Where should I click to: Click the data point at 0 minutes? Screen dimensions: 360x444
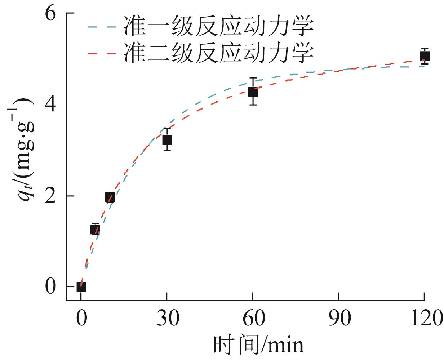[x=81, y=287]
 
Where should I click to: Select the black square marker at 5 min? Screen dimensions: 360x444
[x=95, y=229]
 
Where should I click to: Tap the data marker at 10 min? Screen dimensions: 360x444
[x=110, y=197]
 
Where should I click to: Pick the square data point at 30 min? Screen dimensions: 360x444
[x=167, y=139]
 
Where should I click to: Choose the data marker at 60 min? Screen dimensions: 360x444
[x=253, y=92]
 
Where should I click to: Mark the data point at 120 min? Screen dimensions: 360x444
[x=425, y=56]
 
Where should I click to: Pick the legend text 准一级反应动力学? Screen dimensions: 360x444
[x=218, y=26]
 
